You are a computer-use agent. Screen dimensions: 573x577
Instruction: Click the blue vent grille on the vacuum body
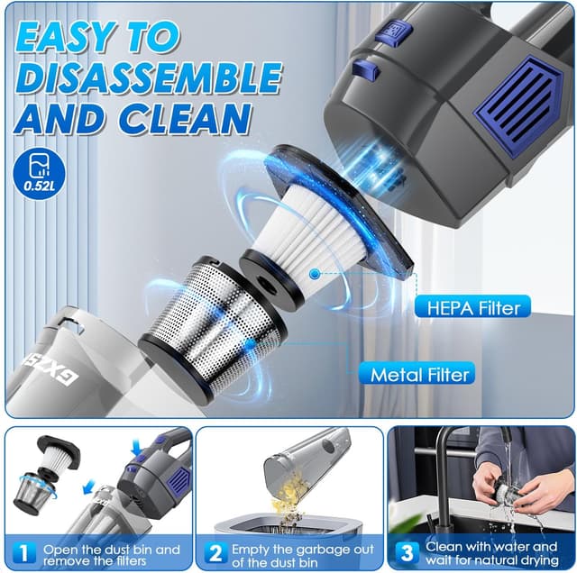521,115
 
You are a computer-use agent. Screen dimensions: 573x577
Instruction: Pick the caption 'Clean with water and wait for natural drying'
492,554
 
